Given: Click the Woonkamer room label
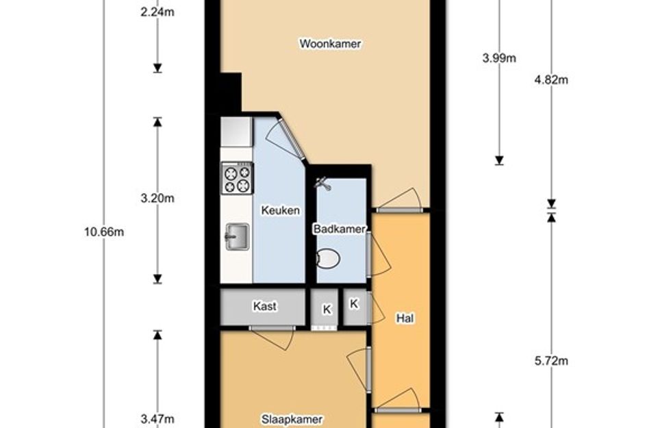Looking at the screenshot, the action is point(330,44).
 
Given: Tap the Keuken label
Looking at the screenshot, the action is point(280,210).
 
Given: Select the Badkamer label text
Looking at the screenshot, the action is point(340,229).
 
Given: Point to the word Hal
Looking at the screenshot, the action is point(405,318).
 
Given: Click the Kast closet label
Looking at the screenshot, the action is point(264,306).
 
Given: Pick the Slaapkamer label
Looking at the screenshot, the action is point(292,419).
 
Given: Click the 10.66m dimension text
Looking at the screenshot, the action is point(104,232).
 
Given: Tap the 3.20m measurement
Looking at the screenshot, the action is point(157,199).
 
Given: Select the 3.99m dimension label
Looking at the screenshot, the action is point(499,58).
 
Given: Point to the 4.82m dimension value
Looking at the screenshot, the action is point(551,79).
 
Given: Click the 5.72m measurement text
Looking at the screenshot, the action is point(551,361).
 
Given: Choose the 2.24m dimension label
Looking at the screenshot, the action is point(157,12).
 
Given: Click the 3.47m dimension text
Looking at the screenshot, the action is point(157,419).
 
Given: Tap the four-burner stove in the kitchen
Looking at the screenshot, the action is point(238,178).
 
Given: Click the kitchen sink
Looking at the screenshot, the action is point(238,237).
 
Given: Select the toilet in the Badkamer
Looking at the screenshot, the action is point(329,259).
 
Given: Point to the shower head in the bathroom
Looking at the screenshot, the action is point(323,184).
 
